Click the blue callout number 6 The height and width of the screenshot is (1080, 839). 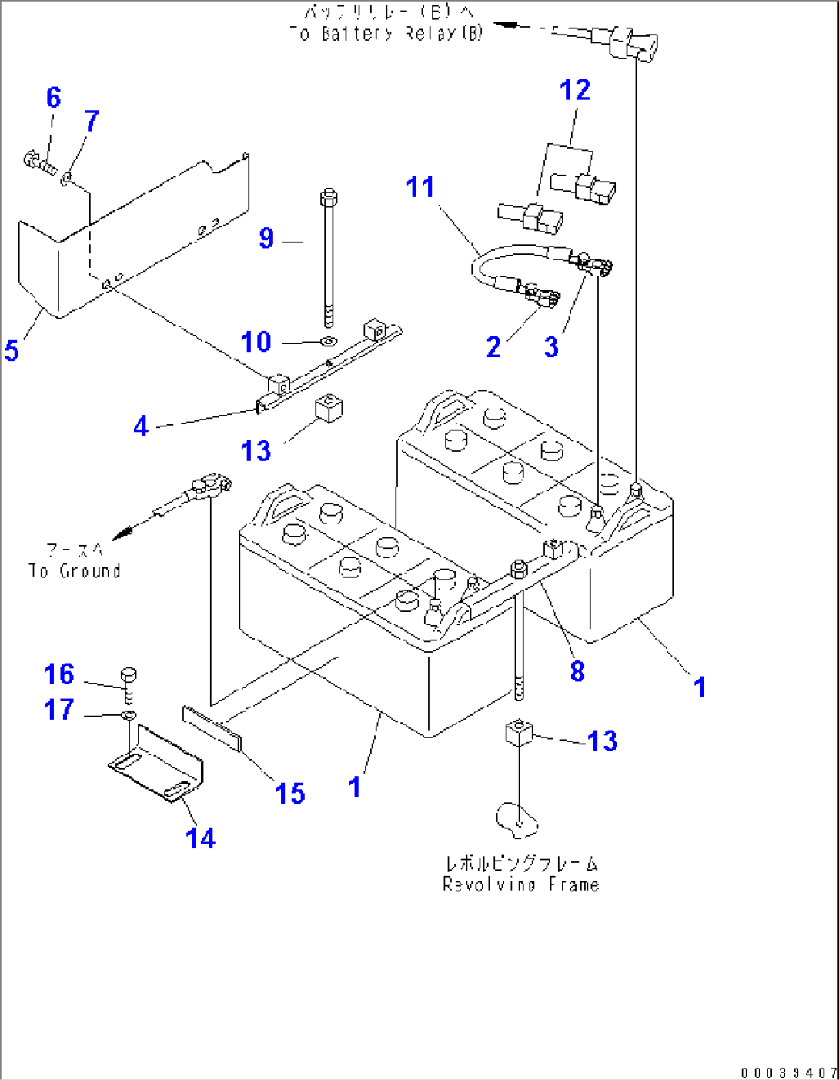coord(53,98)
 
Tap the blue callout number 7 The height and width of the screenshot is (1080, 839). coord(92,121)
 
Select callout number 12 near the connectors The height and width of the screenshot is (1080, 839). coord(574,91)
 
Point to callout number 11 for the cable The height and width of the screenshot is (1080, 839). coord(420,187)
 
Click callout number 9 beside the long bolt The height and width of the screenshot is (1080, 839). coord(266,238)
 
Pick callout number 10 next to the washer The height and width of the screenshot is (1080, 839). coord(256,342)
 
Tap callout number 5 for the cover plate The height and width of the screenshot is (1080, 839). coord(12,351)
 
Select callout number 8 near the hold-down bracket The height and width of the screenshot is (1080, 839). coord(577,671)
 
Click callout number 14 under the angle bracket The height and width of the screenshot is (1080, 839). coord(200,838)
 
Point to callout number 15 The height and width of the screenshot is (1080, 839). coord(289,793)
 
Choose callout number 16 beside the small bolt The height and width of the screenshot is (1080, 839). coord(59,674)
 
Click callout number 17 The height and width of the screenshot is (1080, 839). coord(59,710)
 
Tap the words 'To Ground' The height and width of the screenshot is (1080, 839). coord(75,571)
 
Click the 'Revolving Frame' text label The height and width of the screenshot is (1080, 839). coord(520,884)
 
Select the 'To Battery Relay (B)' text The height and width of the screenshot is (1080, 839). coord(386,34)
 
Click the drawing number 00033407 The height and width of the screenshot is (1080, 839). coord(788,1072)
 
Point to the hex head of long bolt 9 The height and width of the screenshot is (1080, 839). coord(327,196)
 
